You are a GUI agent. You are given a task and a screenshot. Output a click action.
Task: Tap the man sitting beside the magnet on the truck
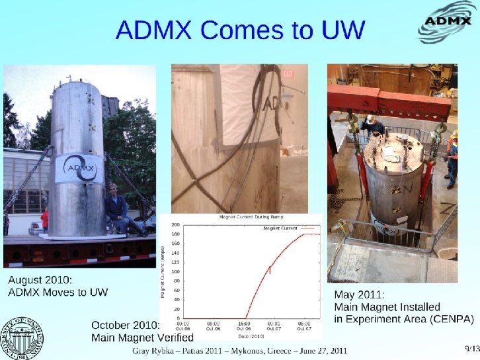[x=117, y=207]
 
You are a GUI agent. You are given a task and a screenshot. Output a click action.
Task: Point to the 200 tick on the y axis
[x=176, y=226]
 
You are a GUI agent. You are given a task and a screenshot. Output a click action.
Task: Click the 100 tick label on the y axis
[x=176, y=272]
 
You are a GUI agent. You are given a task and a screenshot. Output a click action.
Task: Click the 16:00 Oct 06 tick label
[x=244, y=326]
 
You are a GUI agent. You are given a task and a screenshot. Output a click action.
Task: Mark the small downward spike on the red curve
[x=270, y=270]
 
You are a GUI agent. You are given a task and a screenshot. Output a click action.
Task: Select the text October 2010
[x=124, y=325]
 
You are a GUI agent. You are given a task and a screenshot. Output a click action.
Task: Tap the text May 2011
[x=360, y=295]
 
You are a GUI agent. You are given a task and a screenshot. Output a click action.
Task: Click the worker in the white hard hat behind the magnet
[x=372, y=124]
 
